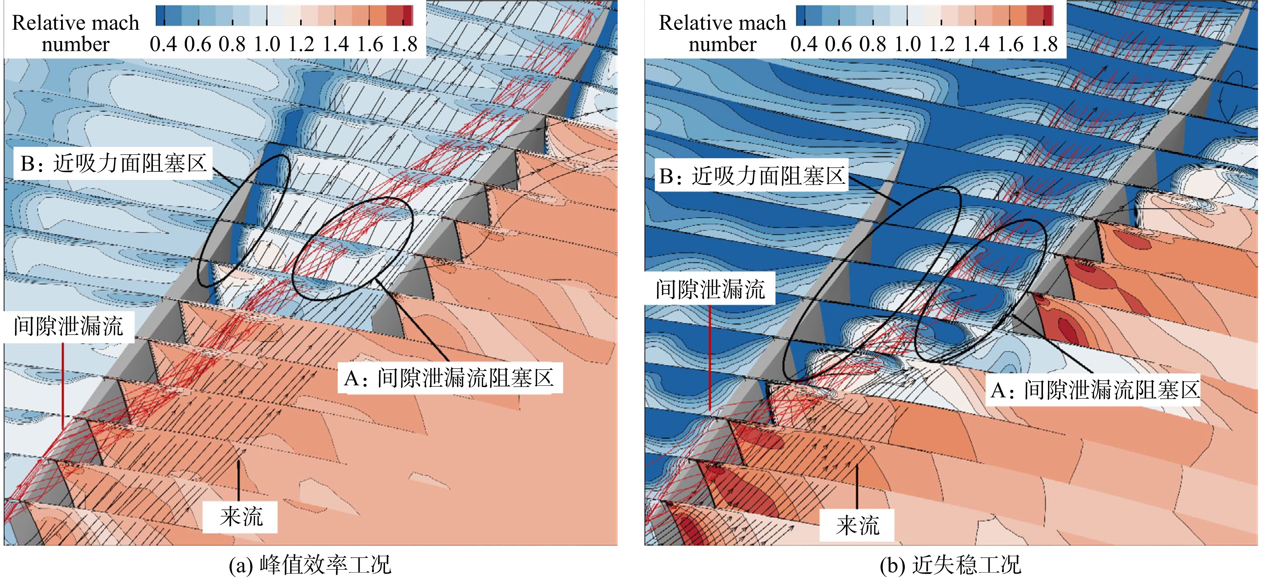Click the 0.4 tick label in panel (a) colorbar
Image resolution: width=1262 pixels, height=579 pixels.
(x=163, y=44)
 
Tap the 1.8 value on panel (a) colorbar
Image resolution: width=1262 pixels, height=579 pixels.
(x=404, y=44)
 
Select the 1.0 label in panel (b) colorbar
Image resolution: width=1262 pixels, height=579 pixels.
(x=907, y=44)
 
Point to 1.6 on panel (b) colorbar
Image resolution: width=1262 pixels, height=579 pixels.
(x=1011, y=44)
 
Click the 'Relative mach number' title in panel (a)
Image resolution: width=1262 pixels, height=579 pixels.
(x=75, y=33)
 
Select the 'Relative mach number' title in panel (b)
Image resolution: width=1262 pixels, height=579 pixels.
(x=722, y=33)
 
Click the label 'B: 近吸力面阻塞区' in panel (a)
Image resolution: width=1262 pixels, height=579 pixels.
(x=113, y=163)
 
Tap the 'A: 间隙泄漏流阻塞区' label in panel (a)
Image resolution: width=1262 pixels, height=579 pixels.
(x=449, y=378)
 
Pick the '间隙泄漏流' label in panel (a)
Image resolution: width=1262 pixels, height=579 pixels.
(x=68, y=326)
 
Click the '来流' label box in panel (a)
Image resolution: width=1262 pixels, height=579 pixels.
(x=240, y=517)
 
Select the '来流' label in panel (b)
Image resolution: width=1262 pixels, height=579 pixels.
(x=857, y=526)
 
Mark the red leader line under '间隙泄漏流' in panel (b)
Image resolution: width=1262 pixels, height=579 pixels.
(x=710, y=358)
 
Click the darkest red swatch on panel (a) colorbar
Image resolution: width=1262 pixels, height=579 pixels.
(x=408, y=15)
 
